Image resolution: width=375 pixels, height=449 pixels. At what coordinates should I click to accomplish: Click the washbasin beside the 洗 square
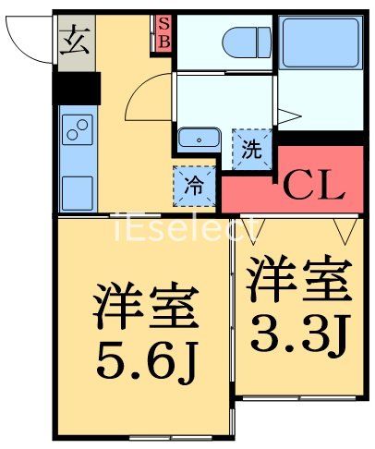pos(197,140)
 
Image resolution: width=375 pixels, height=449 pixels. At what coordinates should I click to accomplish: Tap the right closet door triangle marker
pos(348,227)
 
